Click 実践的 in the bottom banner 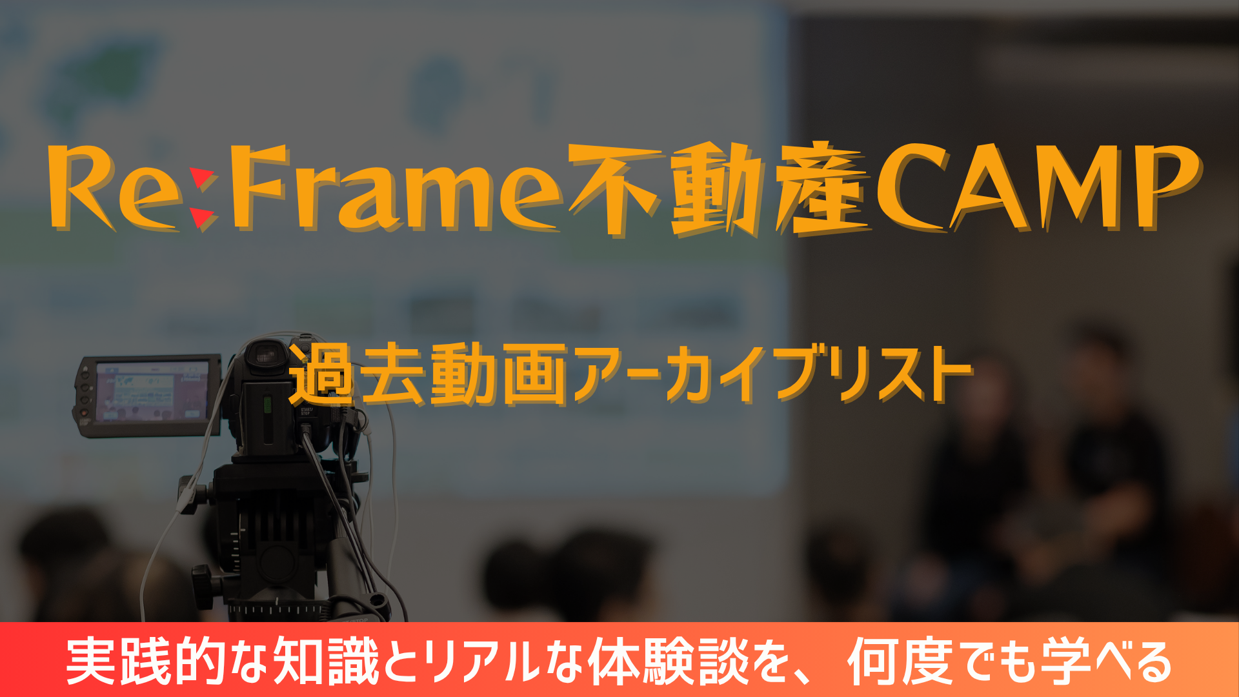coord(146,661)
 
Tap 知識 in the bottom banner coord(327,661)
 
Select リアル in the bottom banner coord(481,661)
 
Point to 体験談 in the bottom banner coord(669,661)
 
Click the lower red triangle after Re coord(202,218)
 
